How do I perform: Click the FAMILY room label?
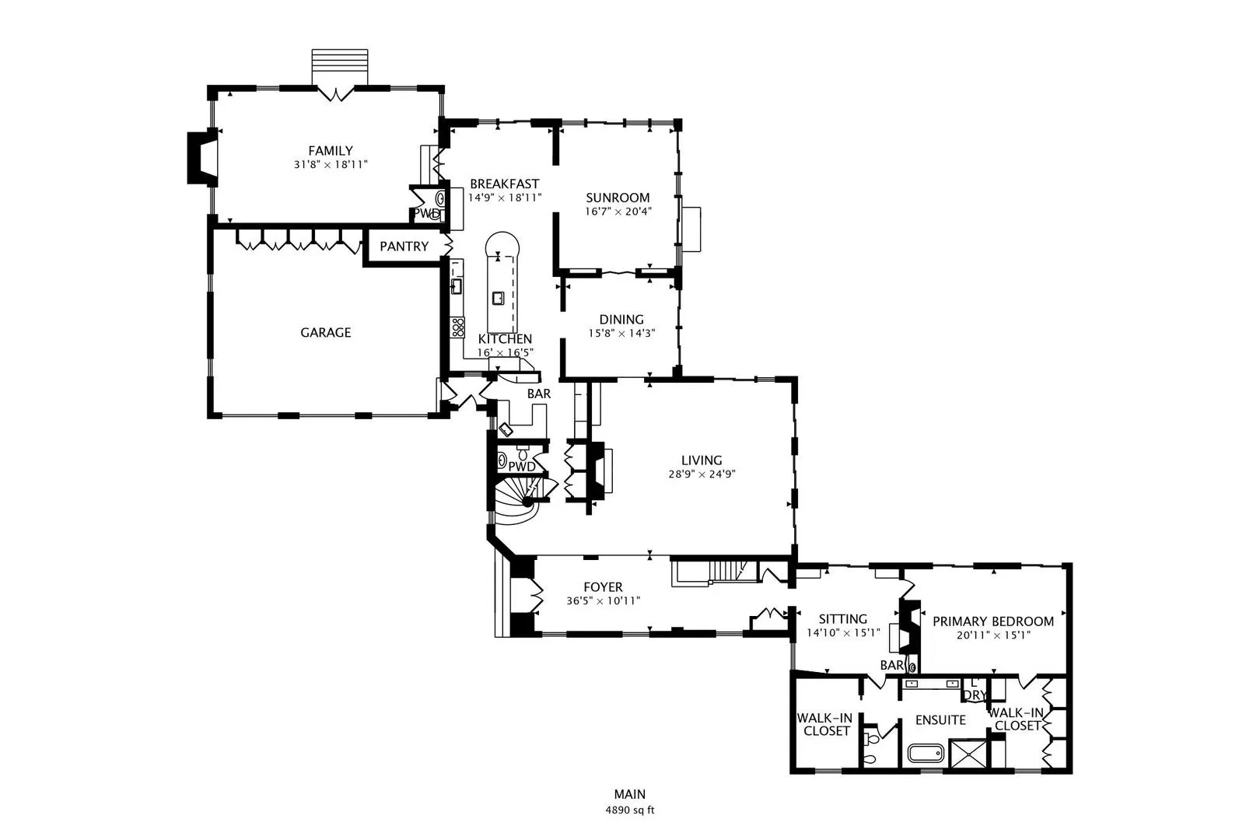pos(331,151)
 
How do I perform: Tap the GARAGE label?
pos(326,333)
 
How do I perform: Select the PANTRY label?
pos(404,247)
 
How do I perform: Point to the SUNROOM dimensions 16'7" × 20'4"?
pos(618,212)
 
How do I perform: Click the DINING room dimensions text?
pos(621,333)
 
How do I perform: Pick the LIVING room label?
pos(702,460)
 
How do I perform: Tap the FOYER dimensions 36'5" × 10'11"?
pos(603,601)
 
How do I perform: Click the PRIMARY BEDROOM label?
pos(993,621)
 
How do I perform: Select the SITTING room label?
pos(842,619)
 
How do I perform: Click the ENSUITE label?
pos(940,720)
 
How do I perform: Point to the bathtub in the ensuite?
pos(926,754)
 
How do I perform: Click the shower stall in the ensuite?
pos(968,754)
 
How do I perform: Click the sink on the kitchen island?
pos(498,298)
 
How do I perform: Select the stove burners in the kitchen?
pos(457,327)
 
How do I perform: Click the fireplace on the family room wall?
pos(202,157)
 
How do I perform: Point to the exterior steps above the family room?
pos(340,68)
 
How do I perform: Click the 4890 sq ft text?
pos(629,810)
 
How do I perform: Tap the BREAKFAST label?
pos(505,184)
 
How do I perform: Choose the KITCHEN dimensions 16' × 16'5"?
pos(505,353)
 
